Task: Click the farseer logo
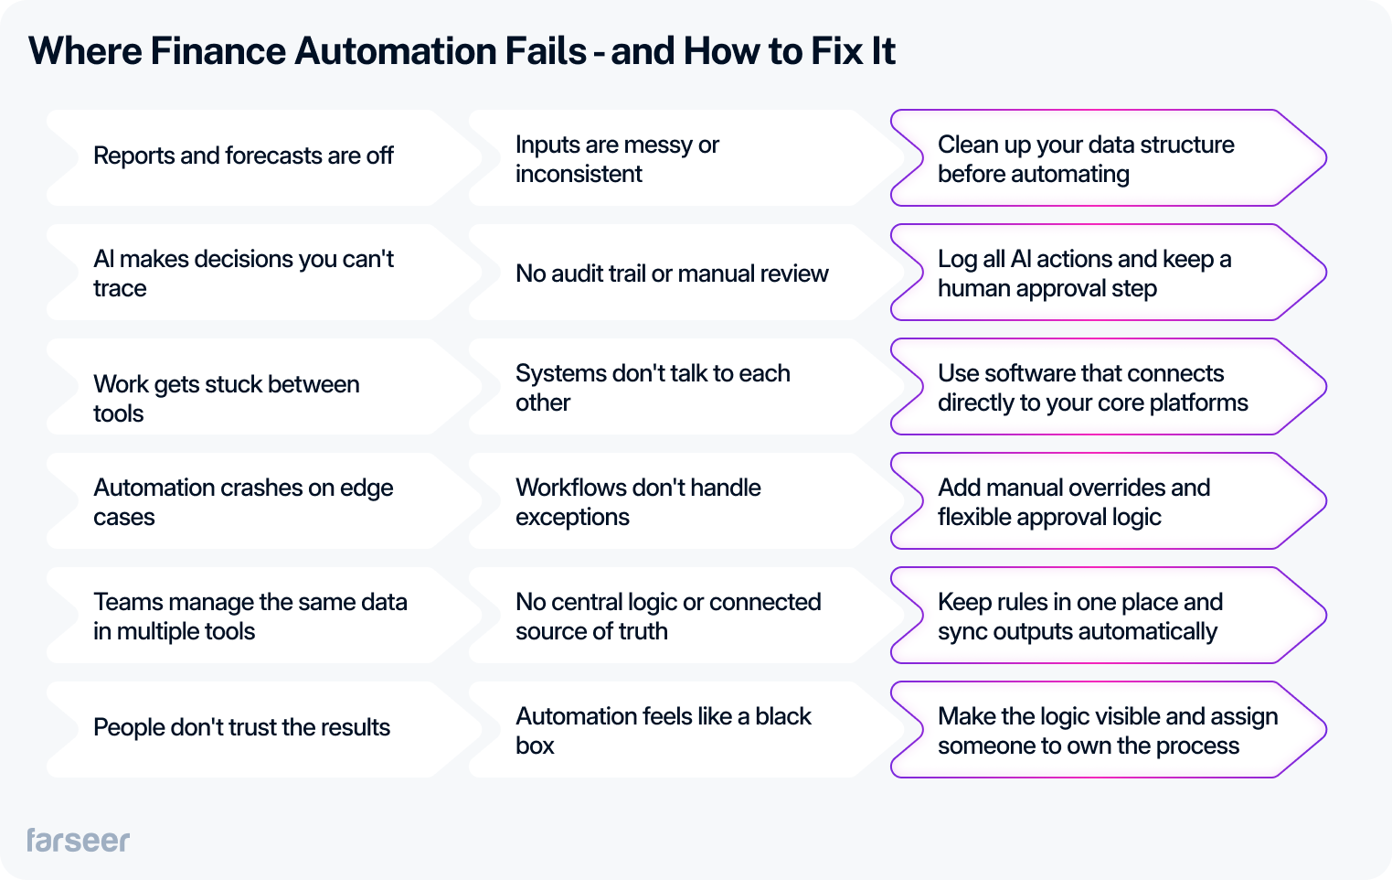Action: click(x=78, y=840)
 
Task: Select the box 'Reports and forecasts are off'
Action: click(x=243, y=156)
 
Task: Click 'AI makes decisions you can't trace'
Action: click(x=243, y=274)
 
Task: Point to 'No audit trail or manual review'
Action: click(x=672, y=274)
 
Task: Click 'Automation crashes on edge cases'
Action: click(x=243, y=502)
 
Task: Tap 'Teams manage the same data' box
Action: click(x=250, y=617)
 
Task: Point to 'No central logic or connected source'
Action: click(x=668, y=617)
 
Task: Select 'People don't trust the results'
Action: click(x=241, y=728)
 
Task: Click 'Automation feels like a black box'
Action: click(x=663, y=731)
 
